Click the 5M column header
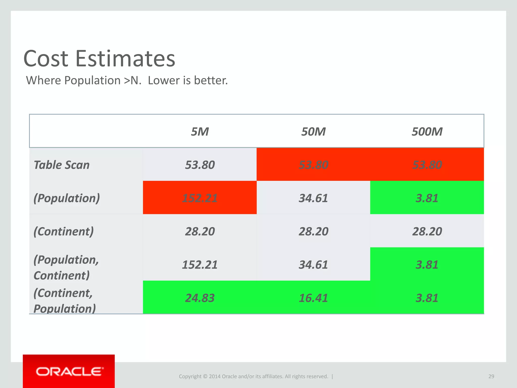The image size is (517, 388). pyautogui.click(x=200, y=132)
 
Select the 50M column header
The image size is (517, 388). pyautogui.click(x=313, y=132)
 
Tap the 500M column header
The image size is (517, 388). pyautogui.click(x=427, y=132)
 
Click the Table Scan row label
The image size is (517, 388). pyautogui.click(x=62, y=165)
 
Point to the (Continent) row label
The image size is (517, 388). pyautogui.click(x=64, y=231)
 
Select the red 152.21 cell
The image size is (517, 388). pyautogui.click(x=200, y=198)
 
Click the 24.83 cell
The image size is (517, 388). pyautogui.click(x=200, y=298)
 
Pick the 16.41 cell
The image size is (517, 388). pyautogui.click(x=313, y=298)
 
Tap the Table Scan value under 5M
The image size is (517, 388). pyautogui.click(x=200, y=165)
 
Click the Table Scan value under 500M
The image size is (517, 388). pyautogui.click(x=427, y=165)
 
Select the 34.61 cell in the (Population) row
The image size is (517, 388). pyautogui.click(x=313, y=198)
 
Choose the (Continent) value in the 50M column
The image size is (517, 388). pyautogui.click(x=313, y=231)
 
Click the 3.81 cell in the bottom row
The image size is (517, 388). pyautogui.click(x=427, y=298)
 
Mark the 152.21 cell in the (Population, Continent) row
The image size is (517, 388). pyautogui.click(x=200, y=265)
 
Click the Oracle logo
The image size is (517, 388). pyautogui.click(x=69, y=372)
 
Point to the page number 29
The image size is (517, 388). pyautogui.click(x=491, y=376)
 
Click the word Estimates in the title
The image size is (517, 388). pyautogui.click(x=125, y=59)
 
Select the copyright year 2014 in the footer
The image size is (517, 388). pyautogui.click(x=215, y=376)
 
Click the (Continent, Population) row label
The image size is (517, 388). pyautogui.click(x=65, y=301)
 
